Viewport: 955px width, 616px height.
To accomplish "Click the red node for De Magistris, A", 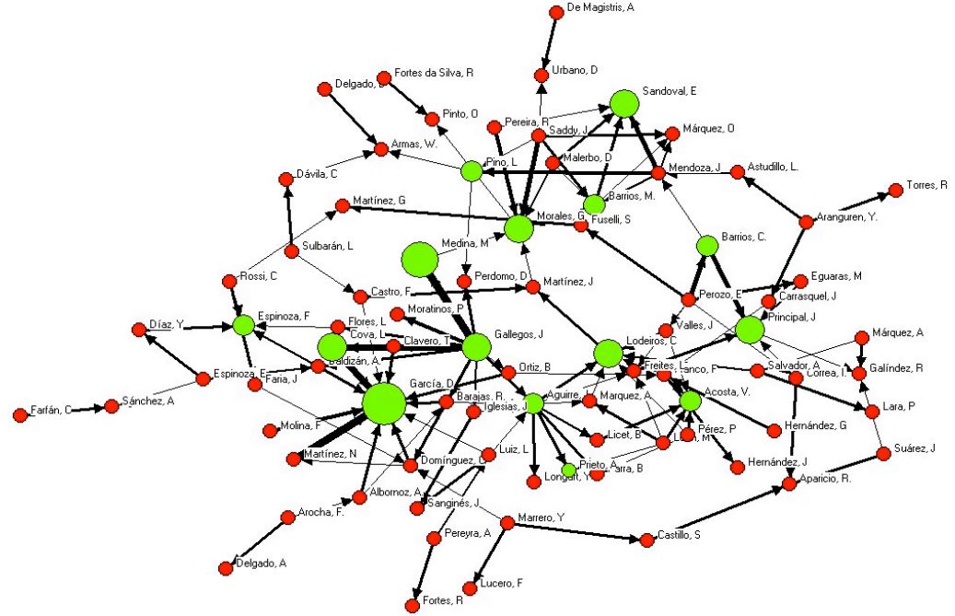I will tap(556, 12).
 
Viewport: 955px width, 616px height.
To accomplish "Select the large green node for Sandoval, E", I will tap(624, 103).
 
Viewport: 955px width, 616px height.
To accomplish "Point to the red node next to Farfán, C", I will tap(20, 415).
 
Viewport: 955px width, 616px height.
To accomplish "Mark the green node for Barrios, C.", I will tap(706, 245).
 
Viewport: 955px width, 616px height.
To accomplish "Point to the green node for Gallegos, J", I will tap(475, 347).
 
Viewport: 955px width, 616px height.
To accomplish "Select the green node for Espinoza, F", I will tap(243, 324).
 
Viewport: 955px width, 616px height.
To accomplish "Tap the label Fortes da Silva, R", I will tap(433, 72).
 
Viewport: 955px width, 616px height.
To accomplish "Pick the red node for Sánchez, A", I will tap(111, 406).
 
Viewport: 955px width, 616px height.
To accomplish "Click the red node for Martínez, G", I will tap(341, 205).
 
